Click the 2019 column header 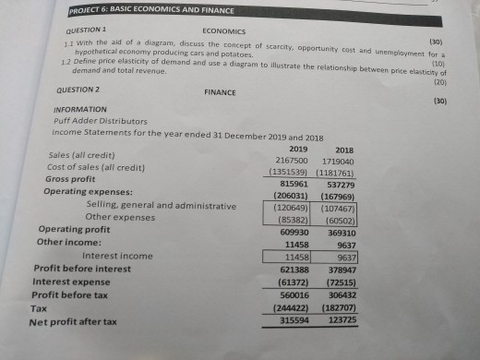[x=297, y=148]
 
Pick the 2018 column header [x=343, y=149]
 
